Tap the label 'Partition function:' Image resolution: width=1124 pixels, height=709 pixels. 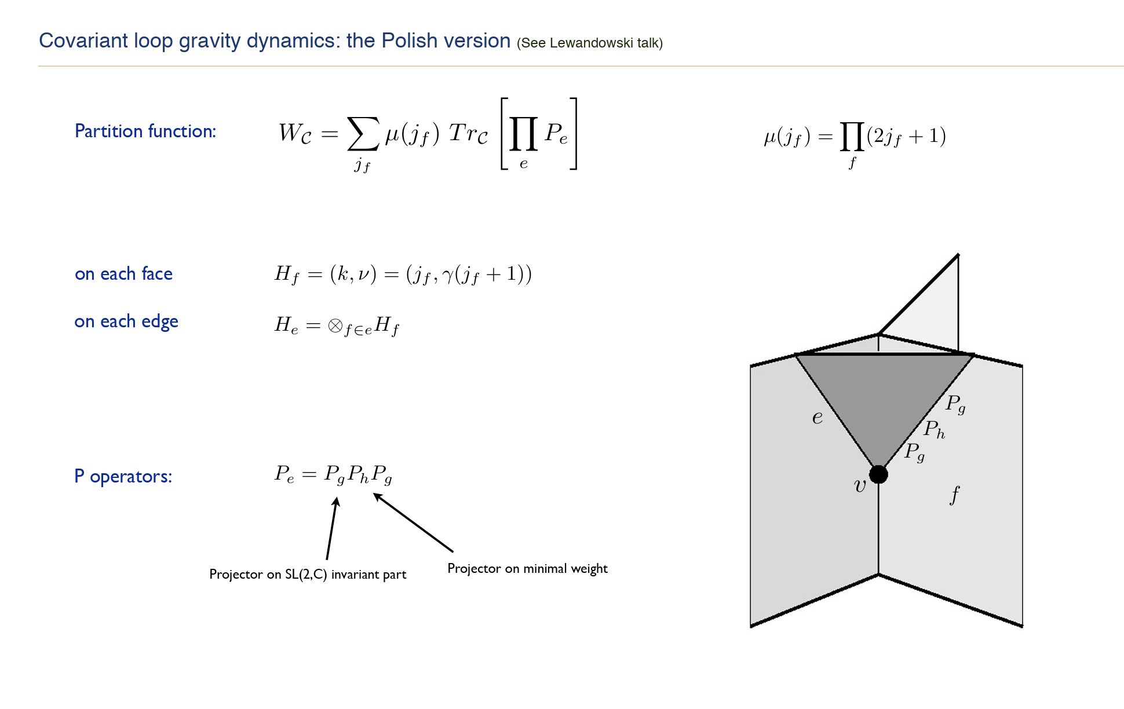pos(145,131)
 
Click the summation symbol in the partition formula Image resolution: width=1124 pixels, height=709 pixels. pos(363,134)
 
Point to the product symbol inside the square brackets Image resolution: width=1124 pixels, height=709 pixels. pos(523,134)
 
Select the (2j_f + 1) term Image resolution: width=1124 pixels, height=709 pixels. pos(906,136)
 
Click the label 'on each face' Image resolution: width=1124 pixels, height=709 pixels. pos(123,274)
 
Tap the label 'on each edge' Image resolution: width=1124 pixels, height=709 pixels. pos(126,322)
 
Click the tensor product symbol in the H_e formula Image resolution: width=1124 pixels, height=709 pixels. pos(334,326)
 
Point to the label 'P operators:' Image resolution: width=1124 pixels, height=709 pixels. pos(123,477)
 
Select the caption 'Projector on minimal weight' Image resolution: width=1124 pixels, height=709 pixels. pos(527,569)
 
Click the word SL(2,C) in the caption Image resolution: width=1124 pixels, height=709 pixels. pos(306,575)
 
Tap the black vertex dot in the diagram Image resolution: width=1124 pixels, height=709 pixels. pos(878,474)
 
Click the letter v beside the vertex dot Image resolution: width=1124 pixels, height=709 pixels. pos(860,486)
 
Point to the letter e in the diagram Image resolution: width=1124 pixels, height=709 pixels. pos(817,418)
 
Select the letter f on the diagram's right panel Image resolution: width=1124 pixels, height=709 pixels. pos(954,495)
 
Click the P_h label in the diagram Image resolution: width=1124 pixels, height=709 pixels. pos(934,429)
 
